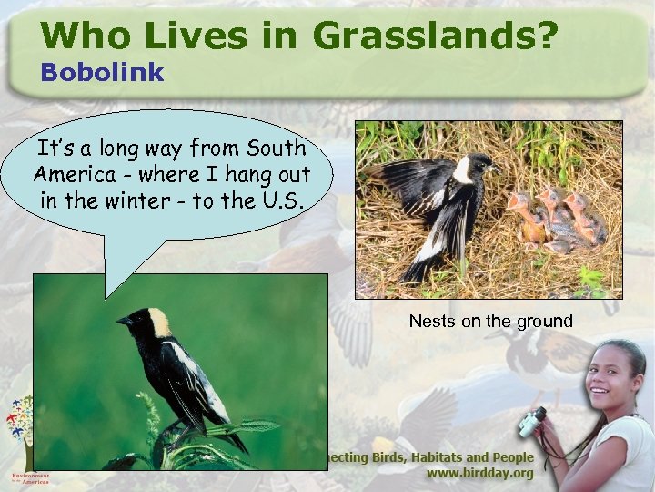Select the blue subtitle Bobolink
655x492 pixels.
pos(102,72)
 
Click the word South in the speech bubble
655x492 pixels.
pos(274,148)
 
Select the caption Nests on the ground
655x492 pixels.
pos(490,321)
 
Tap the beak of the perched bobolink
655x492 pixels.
pos(121,321)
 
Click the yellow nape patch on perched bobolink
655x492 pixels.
pos(160,321)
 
